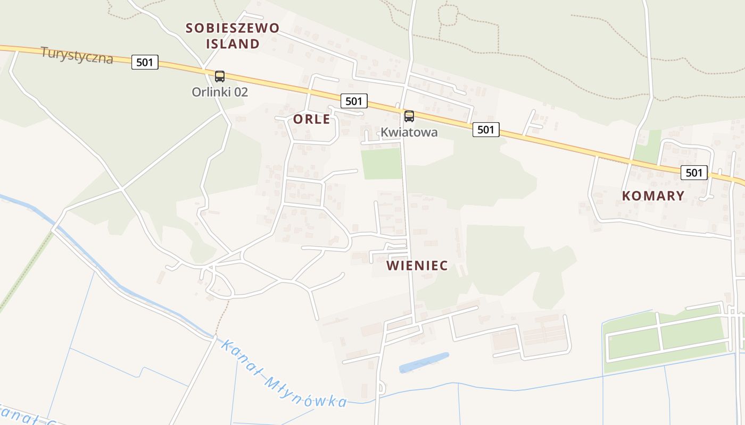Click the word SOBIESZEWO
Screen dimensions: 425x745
(x=233, y=28)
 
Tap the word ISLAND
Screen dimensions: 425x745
(x=233, y=44)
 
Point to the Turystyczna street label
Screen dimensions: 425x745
(x=77, y=55)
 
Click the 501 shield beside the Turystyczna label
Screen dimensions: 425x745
(x=145, y=62)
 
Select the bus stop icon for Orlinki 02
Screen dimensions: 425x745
(x=220, y=76)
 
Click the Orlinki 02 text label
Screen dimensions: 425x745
(x=220, y=92)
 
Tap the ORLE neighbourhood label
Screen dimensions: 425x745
(x=312, y=119)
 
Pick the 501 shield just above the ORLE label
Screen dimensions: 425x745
(x=354, y=101)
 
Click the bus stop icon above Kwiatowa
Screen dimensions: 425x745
(x=409, y=116)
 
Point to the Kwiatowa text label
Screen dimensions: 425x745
(x=409, y=132)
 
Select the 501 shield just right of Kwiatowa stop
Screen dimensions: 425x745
(x=486, y=129)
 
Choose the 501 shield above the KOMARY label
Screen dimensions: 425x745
(x=694, y=172)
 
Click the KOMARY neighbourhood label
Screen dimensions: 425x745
(x=653, y=195)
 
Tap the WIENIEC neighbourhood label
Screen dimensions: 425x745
(x=417, y=265)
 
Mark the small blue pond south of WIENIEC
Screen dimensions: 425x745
(x=424, y=362)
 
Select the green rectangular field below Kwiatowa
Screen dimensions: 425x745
(x=381, y=164)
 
